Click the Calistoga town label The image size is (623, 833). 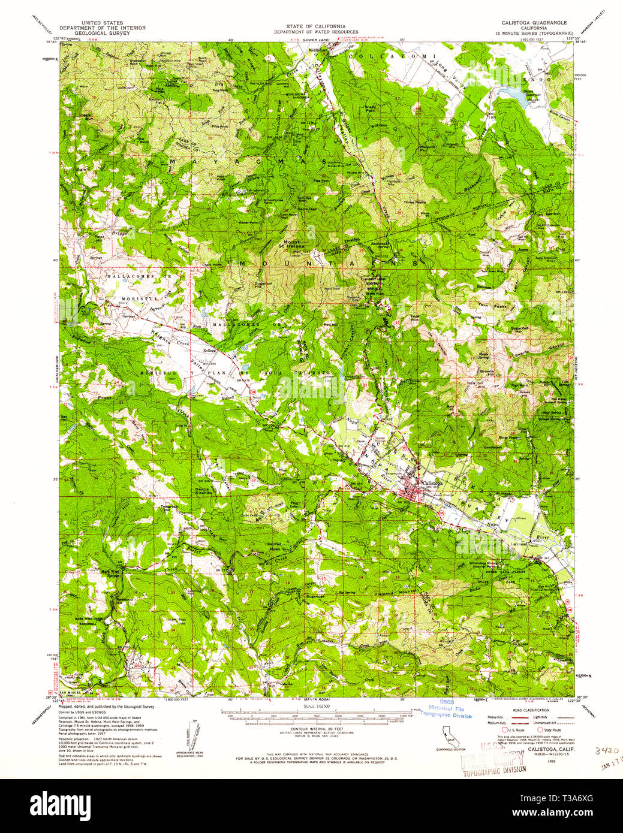(432, 482)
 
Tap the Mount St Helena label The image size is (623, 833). (293, 244)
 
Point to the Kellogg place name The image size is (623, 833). (209, 349)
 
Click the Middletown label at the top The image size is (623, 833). (318, 50)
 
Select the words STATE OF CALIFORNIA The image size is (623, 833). (315, 26)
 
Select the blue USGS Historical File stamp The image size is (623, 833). (446, 708)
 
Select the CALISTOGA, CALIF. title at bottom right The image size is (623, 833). (544, 750)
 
